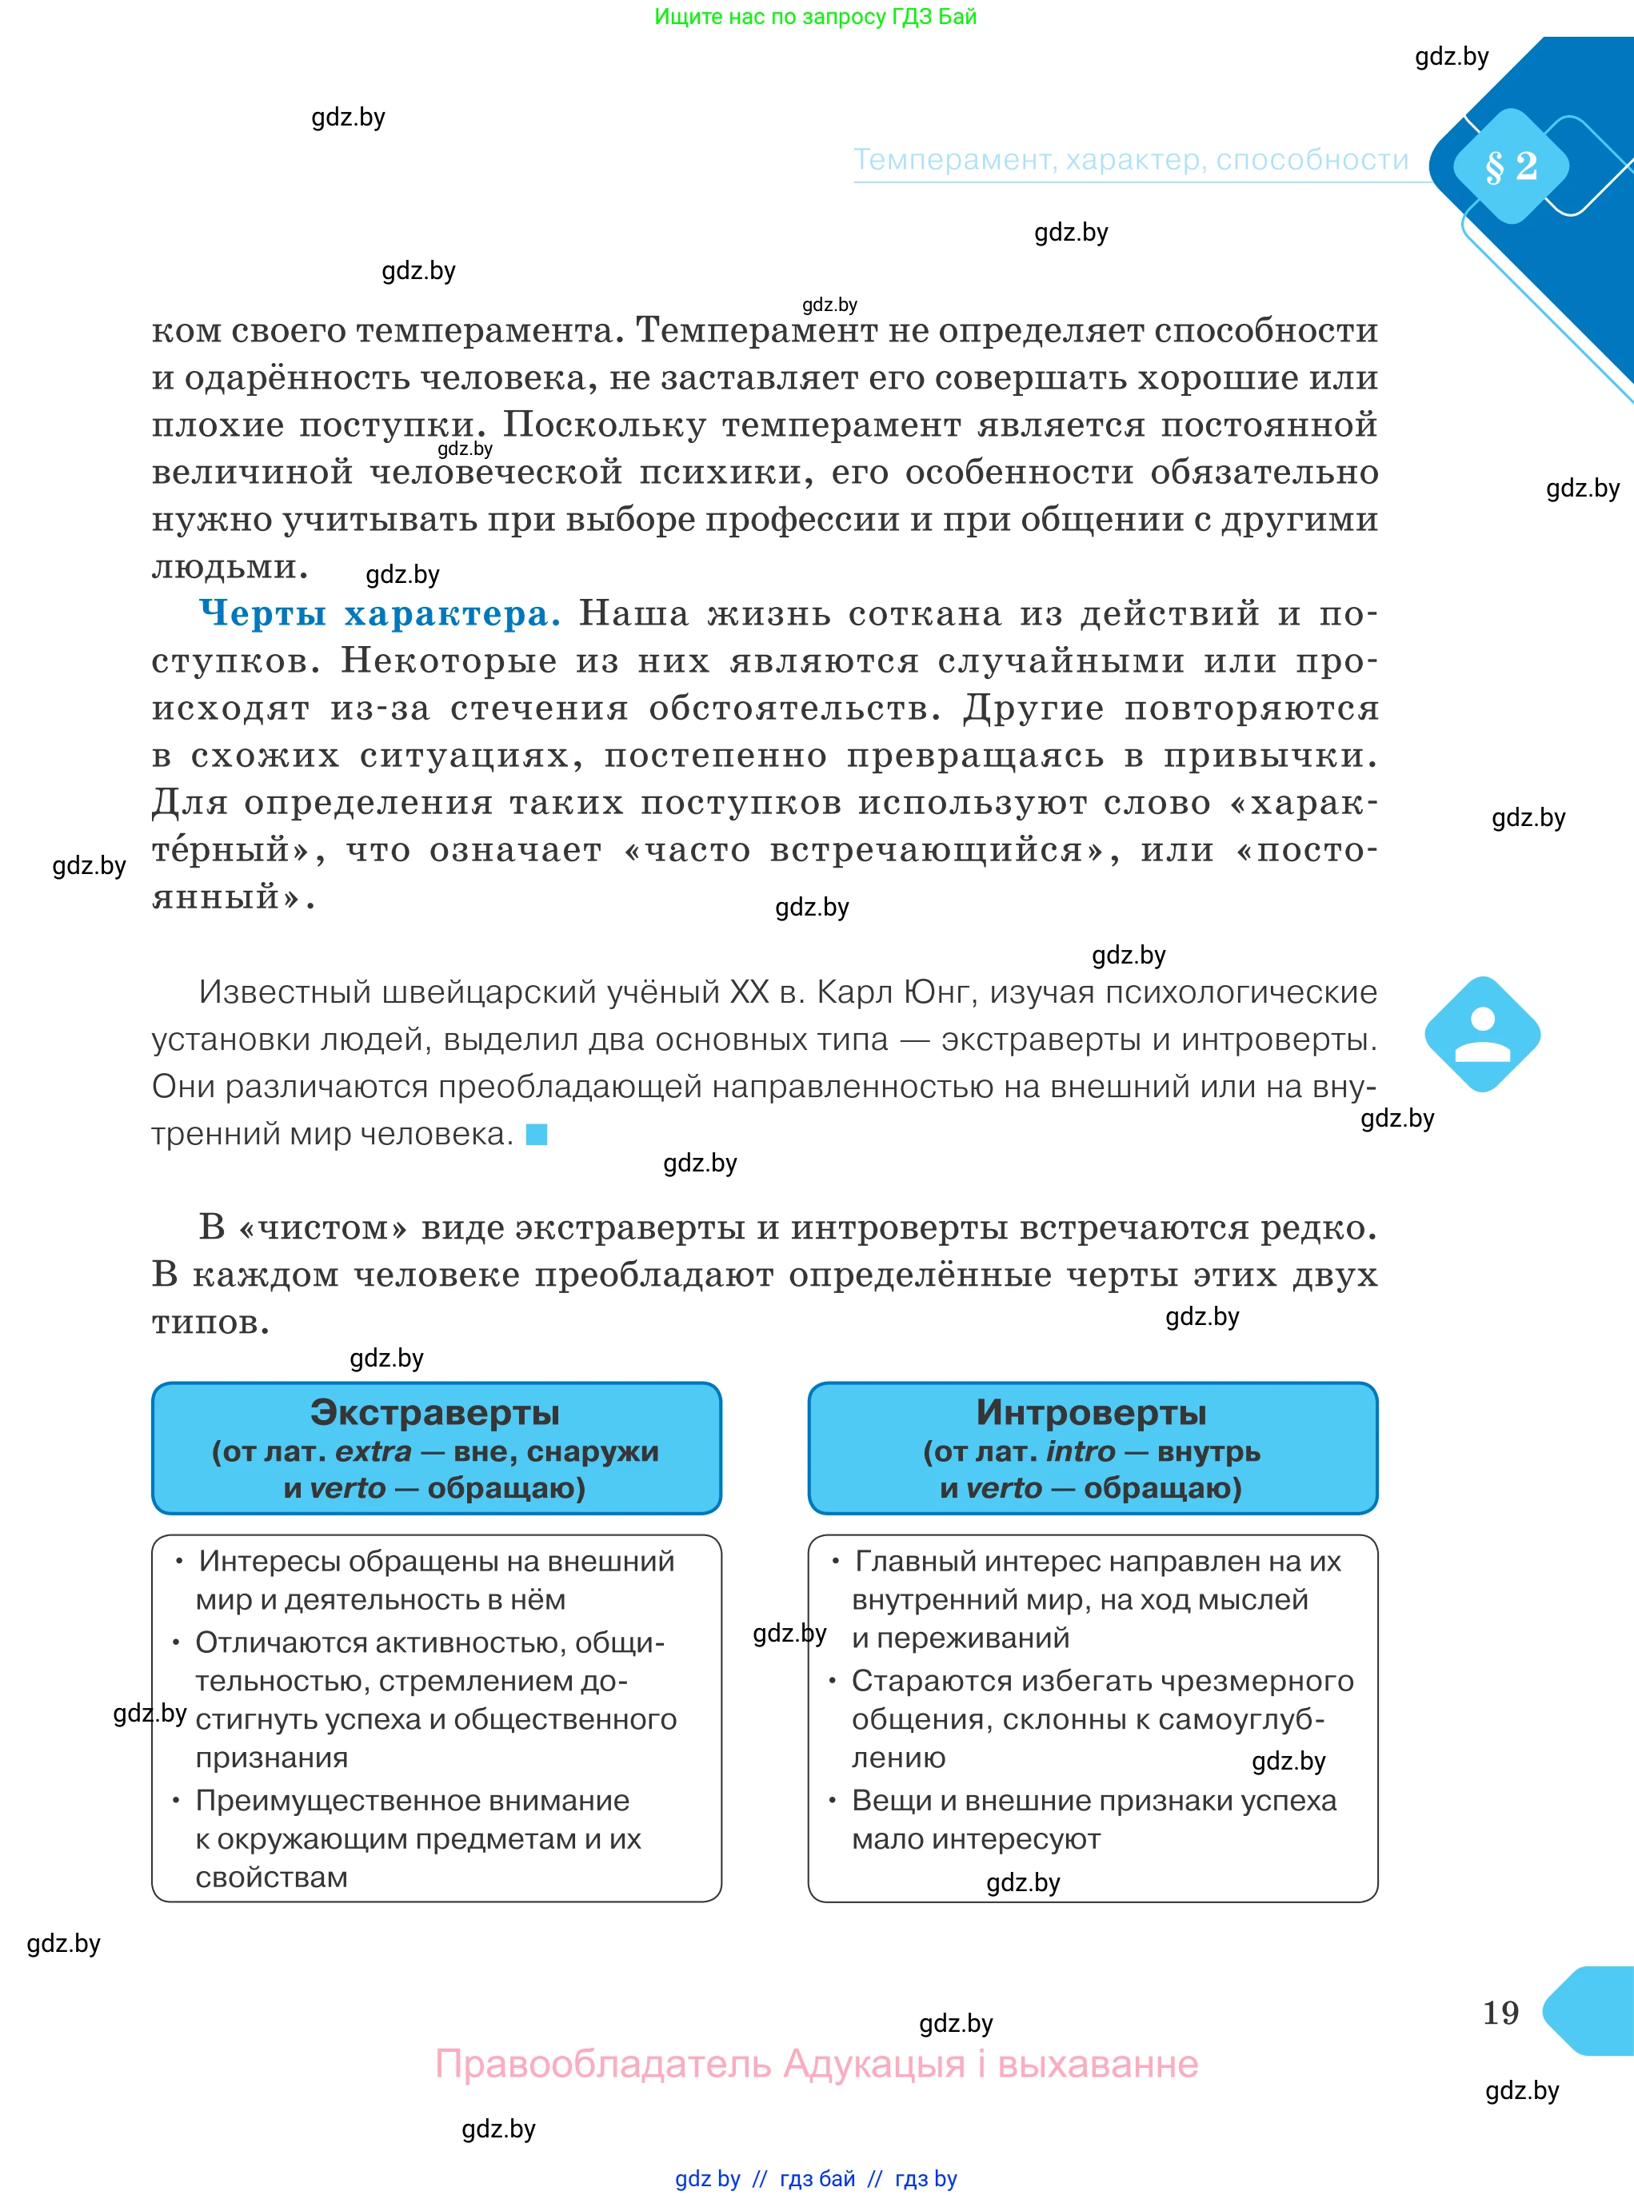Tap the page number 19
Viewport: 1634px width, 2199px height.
[1500, 2012]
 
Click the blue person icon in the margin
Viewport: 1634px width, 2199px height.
[1482, 1034]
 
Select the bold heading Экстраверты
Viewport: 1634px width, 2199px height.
[435, 1412]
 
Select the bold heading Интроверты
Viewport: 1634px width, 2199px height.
[1091, 1412]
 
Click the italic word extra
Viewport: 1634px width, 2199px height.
[373, 1451]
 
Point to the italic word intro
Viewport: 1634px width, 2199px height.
[1080, 1451]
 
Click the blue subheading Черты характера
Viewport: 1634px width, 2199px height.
[380, 613]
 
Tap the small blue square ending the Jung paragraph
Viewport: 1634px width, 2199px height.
[536, 1134]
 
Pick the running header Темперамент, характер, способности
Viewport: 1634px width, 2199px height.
[1131, 159]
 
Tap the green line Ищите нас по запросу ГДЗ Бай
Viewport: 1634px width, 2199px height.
[815, 16]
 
